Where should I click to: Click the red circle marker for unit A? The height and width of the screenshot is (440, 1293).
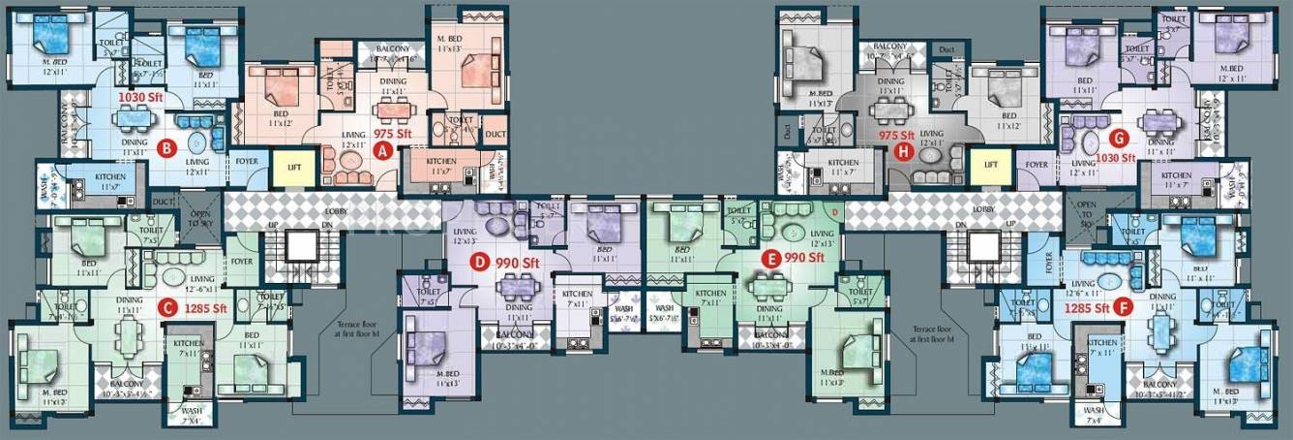pyautogui.click(x=383, y=150)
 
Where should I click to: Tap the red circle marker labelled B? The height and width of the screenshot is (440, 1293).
pyautogui.click(x=166, y=148)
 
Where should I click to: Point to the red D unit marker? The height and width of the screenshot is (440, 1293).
pyautogui.click(x=476, y=261)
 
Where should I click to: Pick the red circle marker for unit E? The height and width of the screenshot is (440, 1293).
pyautogui.click(x=771, y=259)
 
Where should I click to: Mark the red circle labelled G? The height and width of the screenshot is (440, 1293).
pyautogui.click(x=1119, y=137)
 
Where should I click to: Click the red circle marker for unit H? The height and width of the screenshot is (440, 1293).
pyautogui.click(x=904, y=150)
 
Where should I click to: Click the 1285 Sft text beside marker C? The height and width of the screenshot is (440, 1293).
pyautogui.click(x=206, y=309)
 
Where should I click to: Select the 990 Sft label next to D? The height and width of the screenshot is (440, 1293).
pyautogui.click(x=517, y=262)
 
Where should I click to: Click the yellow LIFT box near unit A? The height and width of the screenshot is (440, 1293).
pyautogui.click(x=294, y=167)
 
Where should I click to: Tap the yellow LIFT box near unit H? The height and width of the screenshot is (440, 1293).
pyautogui.click(x=990, y=166)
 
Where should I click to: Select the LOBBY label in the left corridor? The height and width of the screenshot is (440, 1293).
pyautogui.click(x=336, y=209)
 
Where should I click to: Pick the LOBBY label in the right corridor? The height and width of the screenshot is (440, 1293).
pyautogui.click(x=984, y=209)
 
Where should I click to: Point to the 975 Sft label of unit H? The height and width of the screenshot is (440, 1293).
pyautogui.click(x=894, y=136)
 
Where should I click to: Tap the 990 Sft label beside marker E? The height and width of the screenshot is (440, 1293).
pyautogui.click(x=804, y=258)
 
